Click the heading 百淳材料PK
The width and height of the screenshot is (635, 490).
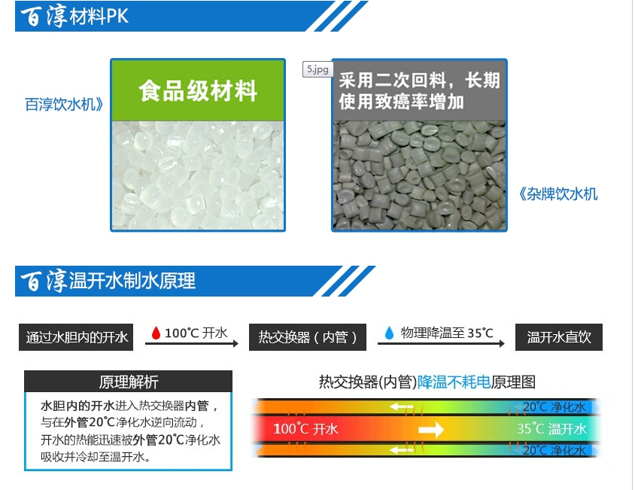point(75,17)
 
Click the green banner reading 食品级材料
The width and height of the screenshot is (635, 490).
point(198,90)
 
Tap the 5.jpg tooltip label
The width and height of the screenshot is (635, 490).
point(317,69)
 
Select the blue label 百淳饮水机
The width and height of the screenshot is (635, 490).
point(64,104)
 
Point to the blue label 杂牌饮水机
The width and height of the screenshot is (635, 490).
point(558,193)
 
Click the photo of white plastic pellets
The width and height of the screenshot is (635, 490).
point(198,175)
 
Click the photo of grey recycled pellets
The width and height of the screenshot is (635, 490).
point(419,175)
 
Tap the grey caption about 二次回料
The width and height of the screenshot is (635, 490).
point(419,91)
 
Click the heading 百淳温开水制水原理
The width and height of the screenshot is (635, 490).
point(108,281)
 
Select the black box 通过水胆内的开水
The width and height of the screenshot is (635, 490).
point(76,336)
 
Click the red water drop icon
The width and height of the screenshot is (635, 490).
point(156,333)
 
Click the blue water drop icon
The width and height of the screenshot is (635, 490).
point(389,333)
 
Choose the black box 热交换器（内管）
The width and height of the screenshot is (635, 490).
point(308,336)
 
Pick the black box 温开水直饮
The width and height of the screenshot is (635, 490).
point(559,336)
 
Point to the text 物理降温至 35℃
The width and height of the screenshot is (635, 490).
point(447,333)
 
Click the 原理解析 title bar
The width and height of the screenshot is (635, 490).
point(129,382)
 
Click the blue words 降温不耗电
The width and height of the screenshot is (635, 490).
point(454,382)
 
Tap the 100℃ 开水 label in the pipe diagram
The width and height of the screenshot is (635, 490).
point(305,429)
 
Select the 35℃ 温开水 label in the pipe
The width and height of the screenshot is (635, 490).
point(551,429)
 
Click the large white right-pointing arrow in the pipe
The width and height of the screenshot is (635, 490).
point(431,429)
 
